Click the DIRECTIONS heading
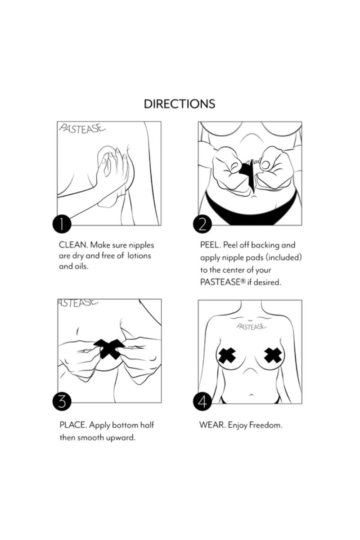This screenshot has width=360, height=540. coord(180,103)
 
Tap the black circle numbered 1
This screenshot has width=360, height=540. coord(62,224)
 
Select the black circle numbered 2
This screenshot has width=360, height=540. coord(202,224)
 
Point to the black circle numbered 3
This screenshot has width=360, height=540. coord(62,401)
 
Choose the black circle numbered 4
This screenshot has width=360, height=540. coord(202,401)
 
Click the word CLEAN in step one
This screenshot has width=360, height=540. coord(73,245)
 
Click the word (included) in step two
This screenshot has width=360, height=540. coord(284,257)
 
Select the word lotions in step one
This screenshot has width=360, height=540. coord(139,256)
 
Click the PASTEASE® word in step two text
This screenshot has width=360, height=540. coord(223,282)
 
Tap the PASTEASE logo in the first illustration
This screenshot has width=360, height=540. coord(82,129)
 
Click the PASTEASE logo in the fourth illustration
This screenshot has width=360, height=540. coord(251,326)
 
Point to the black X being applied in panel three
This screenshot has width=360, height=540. coord(109,349)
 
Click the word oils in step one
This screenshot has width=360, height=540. coord(81,266)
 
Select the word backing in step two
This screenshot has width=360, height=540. coord(265,245)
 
